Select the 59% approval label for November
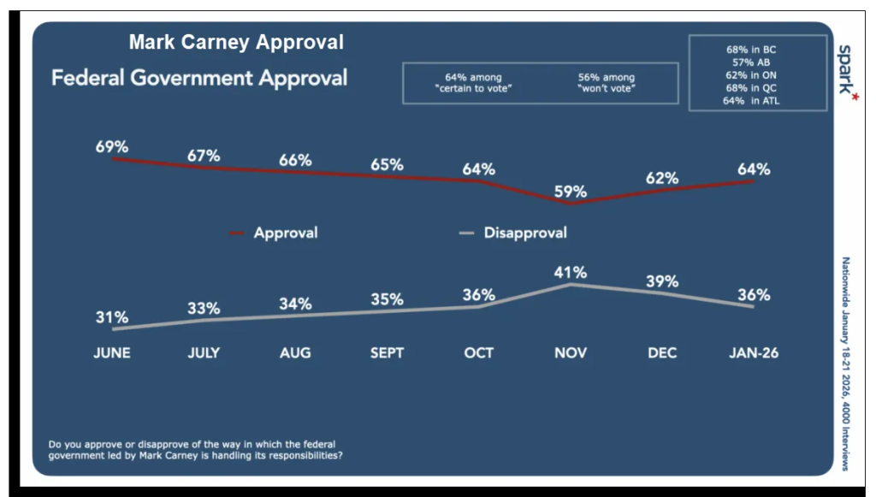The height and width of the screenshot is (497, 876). pos(570,192)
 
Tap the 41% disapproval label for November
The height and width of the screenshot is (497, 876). pos(570,273)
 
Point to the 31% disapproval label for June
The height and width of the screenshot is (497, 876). pos(112,317)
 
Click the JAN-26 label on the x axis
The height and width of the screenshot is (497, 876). pos(753,352)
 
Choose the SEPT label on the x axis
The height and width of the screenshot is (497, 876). pos(387,352)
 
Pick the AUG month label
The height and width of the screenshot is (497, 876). pos(295,352)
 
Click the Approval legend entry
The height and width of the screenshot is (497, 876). pos(285,233)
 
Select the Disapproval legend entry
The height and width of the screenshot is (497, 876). pos(524,233)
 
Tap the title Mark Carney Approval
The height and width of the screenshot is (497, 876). pos(236,42)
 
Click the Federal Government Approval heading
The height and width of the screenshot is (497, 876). pos(199,79)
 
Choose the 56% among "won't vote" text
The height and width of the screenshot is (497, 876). pos(606,83)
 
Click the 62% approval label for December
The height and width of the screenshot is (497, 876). pos(662,178)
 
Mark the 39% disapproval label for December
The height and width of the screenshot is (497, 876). pos(662,281)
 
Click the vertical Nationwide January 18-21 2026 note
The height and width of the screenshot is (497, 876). pos(845,364)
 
